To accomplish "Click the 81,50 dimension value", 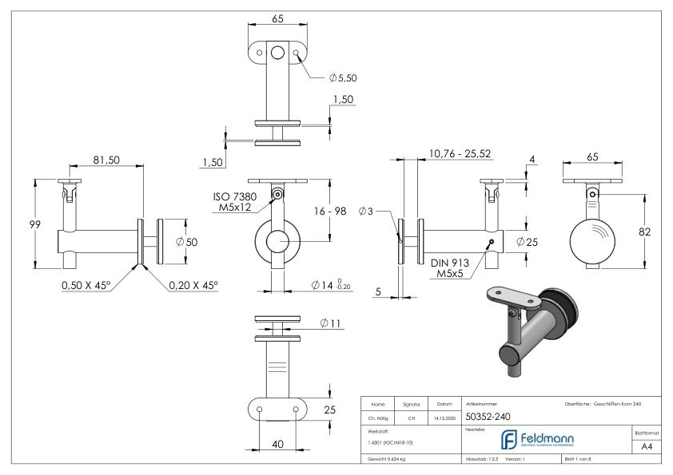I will pyautogui.click(x=106, y=160).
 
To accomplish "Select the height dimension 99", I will pyautogui.click(x=23, y=224).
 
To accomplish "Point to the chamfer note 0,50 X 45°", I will pyautogui.click(x=86, y=285).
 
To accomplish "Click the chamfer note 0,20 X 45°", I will pyautogui.click(x=193, y=285).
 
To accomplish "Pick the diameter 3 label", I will pyautogui.click(x=365, y=211).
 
